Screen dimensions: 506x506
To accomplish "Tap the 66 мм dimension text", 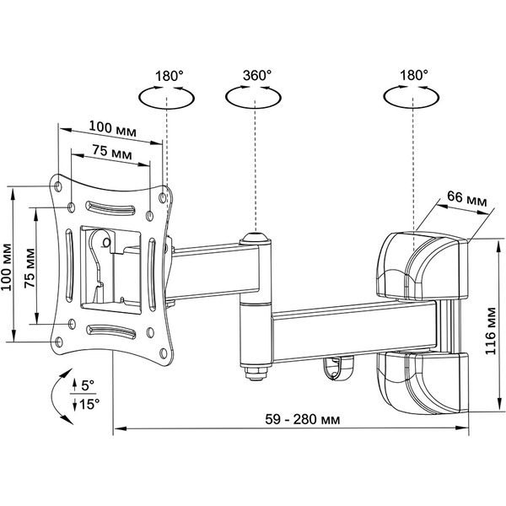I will point(466,197).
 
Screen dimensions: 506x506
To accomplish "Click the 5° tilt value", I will point(88,385).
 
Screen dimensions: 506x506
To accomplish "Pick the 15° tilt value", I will point(90,404).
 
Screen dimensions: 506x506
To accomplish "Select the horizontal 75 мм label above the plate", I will point(111,154).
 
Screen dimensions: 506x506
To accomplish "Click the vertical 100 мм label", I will point(8,266).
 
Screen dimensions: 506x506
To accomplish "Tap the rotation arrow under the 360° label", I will point(251,98).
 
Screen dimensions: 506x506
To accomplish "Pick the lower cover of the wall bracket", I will point(419,379).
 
